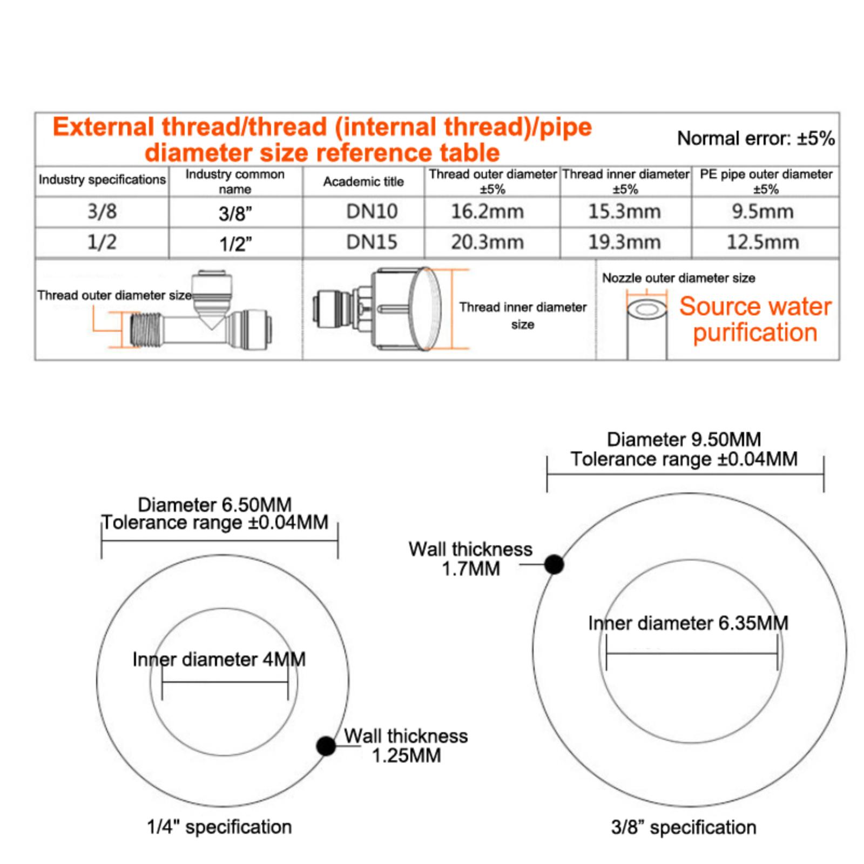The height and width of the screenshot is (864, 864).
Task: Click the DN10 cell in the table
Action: pos(372,211)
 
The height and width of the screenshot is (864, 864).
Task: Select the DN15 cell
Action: pos(372,242)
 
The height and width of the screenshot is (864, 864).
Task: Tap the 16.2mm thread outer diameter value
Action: pos(487,211)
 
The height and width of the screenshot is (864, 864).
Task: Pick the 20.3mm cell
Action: pos(487,242)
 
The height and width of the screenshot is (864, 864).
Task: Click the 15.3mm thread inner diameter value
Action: pos(624,211)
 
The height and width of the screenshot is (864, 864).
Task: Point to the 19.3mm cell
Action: pos(624,242)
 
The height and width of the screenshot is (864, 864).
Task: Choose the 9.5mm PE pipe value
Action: pos(762,211)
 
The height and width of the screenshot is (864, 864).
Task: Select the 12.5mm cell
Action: pos(762,242)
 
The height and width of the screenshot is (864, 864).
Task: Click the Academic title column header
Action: pos(363,181)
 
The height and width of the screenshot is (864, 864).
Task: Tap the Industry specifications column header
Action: pos(102,179)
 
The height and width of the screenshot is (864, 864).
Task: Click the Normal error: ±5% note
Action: pos(755,138)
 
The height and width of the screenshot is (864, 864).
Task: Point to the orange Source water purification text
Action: pos(755,319)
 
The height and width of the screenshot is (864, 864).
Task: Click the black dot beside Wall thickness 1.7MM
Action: pos(554,564)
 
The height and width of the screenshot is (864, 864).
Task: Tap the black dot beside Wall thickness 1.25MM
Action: pos(326,746)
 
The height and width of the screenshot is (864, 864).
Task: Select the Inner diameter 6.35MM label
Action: pos(688,623)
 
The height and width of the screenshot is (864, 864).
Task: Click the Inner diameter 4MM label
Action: pos(219,659)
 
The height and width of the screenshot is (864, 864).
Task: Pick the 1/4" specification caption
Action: pos(219,827)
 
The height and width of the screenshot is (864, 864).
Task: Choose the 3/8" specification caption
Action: pos(683,827)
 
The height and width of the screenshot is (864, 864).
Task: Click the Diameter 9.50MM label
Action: pos(684,440)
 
